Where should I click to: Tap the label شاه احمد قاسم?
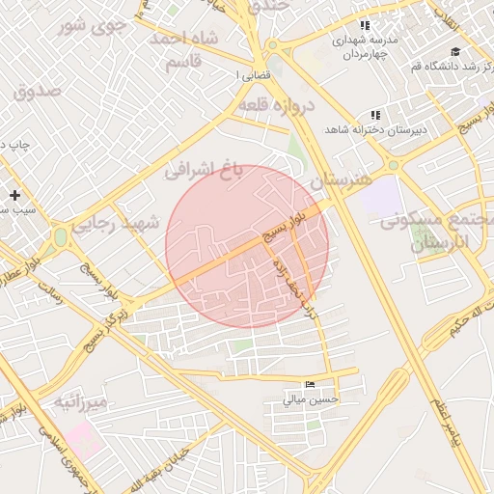point(185,49)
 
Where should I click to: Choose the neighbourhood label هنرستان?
point(343,180)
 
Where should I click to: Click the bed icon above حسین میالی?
point(310,385)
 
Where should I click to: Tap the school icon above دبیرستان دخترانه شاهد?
point(374,115)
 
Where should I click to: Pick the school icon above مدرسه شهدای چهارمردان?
point(364,26)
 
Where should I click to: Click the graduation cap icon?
point(454,52)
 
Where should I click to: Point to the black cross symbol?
point(14,195)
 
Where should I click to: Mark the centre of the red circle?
point(247,246)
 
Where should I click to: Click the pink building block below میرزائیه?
point(83,439)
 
